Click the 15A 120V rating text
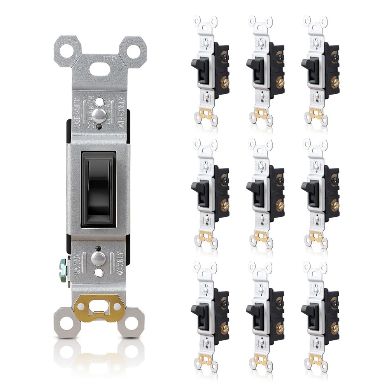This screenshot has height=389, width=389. tap(77, 265)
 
